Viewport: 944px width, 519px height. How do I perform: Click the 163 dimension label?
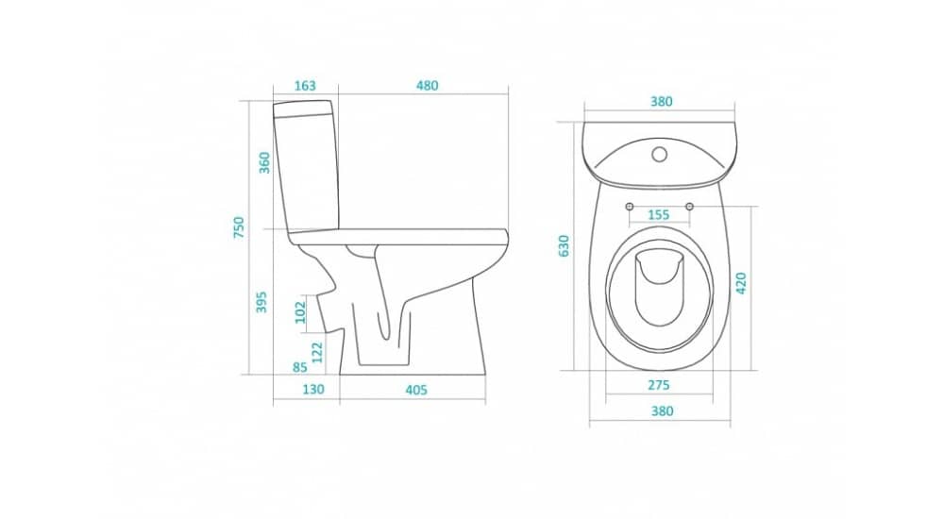305,86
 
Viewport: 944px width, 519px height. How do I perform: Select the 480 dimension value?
428,86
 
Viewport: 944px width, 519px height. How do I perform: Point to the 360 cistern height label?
264,162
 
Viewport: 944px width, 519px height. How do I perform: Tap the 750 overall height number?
239,227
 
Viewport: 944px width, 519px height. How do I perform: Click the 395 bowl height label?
261,302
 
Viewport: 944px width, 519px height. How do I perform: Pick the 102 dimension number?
300,312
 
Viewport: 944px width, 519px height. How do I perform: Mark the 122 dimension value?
317,352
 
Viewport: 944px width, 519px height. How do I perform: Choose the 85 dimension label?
300,367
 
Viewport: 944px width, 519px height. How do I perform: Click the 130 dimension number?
313,390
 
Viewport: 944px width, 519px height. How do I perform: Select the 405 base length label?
416,390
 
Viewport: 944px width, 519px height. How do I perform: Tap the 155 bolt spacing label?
659,215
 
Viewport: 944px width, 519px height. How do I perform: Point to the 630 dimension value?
564,245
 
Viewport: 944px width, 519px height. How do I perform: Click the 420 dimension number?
741,283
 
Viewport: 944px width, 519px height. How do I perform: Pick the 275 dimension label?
659,385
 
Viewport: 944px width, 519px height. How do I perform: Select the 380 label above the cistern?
661,102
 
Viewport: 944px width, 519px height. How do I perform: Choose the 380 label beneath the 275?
662,411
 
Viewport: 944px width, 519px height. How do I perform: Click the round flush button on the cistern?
660,155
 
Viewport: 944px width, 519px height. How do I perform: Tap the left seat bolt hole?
630,207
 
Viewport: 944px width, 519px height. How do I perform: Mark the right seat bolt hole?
690,207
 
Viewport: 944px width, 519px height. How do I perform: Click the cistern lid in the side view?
303,109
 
